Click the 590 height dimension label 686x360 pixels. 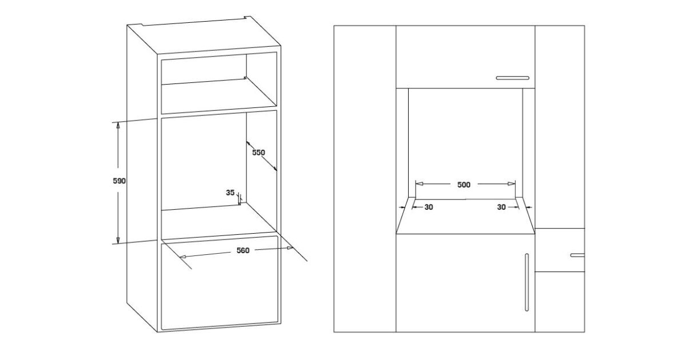tap(119, 181)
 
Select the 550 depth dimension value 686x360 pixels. tap(258, 153)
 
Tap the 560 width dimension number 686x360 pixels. tap(243, 250)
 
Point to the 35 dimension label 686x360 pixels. tap(230, 193)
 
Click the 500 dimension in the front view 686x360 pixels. tap(464, 185)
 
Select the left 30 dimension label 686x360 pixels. tap(429, 207)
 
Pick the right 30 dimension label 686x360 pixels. tap(501, 207)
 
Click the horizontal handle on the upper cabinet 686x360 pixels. tap(513, 78)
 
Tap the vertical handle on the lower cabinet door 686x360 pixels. tap(527, 282)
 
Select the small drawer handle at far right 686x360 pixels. tap(577, 255)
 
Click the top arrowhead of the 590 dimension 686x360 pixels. tap(118, 125)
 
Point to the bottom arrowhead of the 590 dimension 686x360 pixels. tap(118, 241)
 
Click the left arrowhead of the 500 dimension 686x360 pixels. tap(419, 183)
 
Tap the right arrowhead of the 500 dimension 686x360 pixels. tap(512, 183)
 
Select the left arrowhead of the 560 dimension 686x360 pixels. tap(184, 256)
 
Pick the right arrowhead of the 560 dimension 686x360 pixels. tap(289, 248)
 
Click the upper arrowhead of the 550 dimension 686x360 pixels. tap(249, 143)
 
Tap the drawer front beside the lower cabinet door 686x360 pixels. tap(560, 250)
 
